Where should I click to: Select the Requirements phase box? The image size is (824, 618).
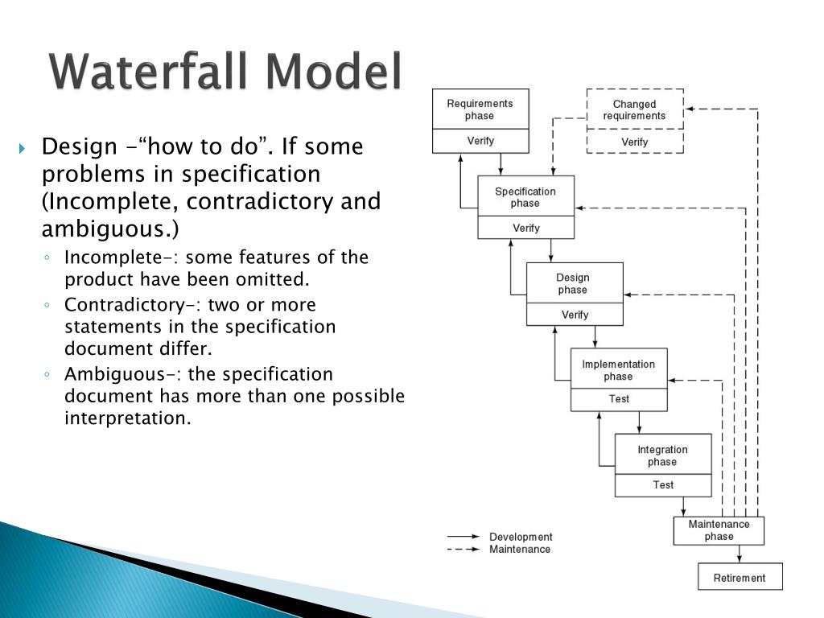click(x=480, y=109)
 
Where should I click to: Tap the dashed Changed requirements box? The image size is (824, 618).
click(x=634, y=109)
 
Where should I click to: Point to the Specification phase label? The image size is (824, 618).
click(x=525, y=197)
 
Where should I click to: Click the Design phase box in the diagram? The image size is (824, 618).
click(x=574, y=283)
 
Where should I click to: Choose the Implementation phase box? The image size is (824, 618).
click(x=618, y=369)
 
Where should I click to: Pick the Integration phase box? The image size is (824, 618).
click(x=662, y=455)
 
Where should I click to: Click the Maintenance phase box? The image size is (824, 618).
click(x=719, y=530)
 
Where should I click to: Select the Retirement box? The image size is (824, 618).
click(x=740, y=577)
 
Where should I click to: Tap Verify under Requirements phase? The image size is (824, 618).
click(x=480, y=141)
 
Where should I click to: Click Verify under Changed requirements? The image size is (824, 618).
click(x=634, y=142)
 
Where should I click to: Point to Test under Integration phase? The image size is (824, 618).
click(x=663, y=484)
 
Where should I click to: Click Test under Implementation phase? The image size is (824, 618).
click(x=619, y=398)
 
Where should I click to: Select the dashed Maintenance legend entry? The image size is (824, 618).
click(x=520, y=549)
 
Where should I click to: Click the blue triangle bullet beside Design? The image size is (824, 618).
click(x=23, y=149)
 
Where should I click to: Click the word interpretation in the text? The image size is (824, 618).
click(x=127, y=418)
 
